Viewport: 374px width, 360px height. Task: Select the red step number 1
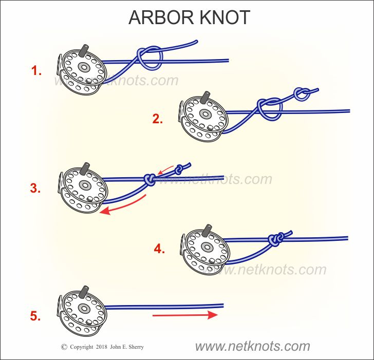coord(36,71)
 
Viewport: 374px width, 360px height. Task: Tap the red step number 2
coord(158,120)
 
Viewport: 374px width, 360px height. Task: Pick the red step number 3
coord(35,188)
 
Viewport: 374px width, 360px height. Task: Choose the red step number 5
coord(35,316)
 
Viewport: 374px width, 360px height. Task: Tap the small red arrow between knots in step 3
coord(165,170)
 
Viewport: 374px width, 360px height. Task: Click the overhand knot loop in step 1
coord(149,56)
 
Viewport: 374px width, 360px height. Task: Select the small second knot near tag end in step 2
coord(302,93)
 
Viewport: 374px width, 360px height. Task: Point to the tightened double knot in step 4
coord(275,238)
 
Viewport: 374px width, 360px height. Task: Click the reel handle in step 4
coord(209,229)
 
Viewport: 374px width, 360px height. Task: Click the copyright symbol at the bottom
coord(64,347)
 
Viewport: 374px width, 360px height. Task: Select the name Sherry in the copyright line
coord(135,347)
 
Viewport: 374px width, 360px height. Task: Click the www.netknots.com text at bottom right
coord(252,346)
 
